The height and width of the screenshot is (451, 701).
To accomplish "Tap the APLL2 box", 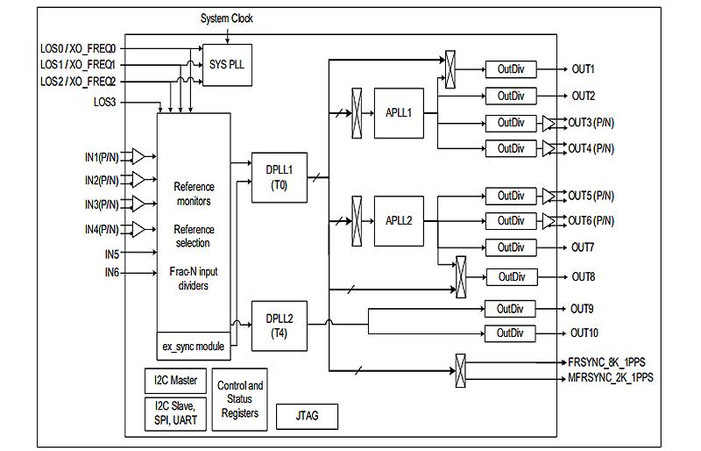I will (x=399, y=220).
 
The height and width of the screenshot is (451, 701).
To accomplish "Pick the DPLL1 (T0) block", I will (x=279, y=178).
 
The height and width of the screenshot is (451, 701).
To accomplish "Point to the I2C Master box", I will (x=175, y=381).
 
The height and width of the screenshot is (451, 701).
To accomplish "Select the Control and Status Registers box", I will (x=240, y=399).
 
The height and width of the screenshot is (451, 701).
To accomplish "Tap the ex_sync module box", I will (x=194, y=346).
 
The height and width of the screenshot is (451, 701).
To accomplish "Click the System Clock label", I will (x=227, y=18).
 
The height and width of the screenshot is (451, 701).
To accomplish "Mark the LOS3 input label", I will (x=110, y=103).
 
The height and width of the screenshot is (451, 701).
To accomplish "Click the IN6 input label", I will (x=112, y=273).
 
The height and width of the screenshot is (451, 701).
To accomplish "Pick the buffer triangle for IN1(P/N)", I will (x=138, y=156).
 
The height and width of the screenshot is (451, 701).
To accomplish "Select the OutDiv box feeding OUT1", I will (x=511, y=69).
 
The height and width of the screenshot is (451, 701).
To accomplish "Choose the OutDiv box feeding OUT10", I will (x=511, y=333).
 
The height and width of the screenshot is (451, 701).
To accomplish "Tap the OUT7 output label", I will (x=584, y=247).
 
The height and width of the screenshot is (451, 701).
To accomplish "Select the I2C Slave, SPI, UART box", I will (x=175, y=413).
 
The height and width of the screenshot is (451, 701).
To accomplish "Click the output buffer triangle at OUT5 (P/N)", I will (x=548, y=196).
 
